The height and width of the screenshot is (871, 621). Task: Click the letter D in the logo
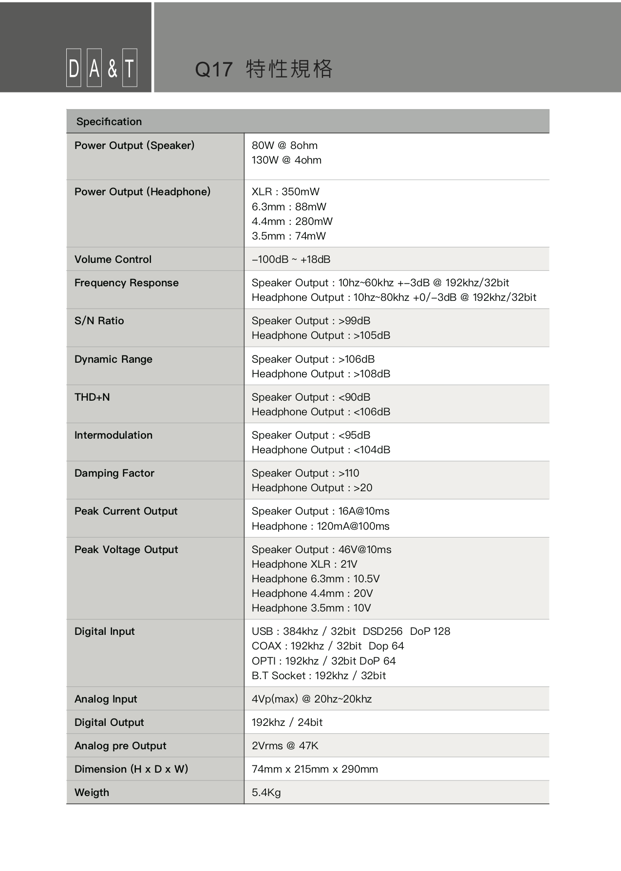tap(74, 68)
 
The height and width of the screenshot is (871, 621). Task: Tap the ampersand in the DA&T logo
tap(113, 68)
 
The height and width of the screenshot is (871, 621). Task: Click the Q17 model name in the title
tap(214, 70)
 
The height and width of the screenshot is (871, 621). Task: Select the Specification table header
tap(109, 122)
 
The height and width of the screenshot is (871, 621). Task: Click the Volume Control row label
tap(113, 259)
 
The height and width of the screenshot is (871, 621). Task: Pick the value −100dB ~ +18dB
tap(291, 259)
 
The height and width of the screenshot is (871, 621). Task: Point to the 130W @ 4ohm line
tap(286, 160)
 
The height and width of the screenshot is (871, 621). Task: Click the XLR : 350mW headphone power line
tap(285, 192)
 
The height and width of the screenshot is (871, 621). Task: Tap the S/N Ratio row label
tap(99, 321)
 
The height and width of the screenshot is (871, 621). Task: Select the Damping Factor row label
tap(114, 473)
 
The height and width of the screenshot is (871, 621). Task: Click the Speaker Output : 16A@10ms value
tap(320, 511)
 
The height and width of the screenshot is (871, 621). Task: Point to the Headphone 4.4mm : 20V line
tap(312, 593)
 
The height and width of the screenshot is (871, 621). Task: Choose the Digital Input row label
tap(105, 631)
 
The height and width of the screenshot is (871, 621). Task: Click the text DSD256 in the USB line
tap(382, 631)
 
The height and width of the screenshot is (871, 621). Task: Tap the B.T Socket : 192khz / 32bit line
tap(319, 676)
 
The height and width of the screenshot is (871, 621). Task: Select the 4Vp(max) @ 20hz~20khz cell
tap(312, 699)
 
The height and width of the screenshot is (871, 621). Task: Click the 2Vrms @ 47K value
tap(285, 746)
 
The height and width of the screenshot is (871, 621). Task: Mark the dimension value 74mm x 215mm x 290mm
tap(315, 769)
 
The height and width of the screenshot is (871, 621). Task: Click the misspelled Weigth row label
tap(92, 793)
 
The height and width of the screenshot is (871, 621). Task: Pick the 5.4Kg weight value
tap(266, 793)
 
